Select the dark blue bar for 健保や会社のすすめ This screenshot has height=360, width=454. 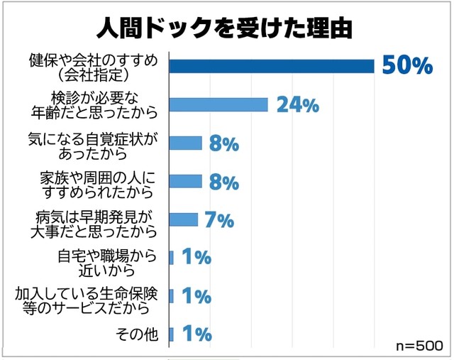coord(272,66)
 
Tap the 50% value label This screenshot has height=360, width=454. coord(406,65)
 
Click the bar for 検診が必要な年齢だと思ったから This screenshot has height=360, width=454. coord(218,104)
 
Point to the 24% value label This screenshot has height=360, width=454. coord(297,105)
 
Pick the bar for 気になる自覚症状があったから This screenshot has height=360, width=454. coord(186,143)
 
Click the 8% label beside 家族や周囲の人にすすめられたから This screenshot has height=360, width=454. coord(223,182)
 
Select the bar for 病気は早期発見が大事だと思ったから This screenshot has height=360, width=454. coord(184,219)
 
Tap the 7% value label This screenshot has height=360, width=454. coord(219,220)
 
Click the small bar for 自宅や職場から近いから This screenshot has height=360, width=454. coord(171,258)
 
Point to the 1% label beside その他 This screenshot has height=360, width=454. coord(196,334)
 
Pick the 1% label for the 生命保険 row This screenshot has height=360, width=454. coord(196,296)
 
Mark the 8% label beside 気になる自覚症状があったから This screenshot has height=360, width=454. coord(223,144)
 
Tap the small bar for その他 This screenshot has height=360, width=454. coord(171,334)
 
